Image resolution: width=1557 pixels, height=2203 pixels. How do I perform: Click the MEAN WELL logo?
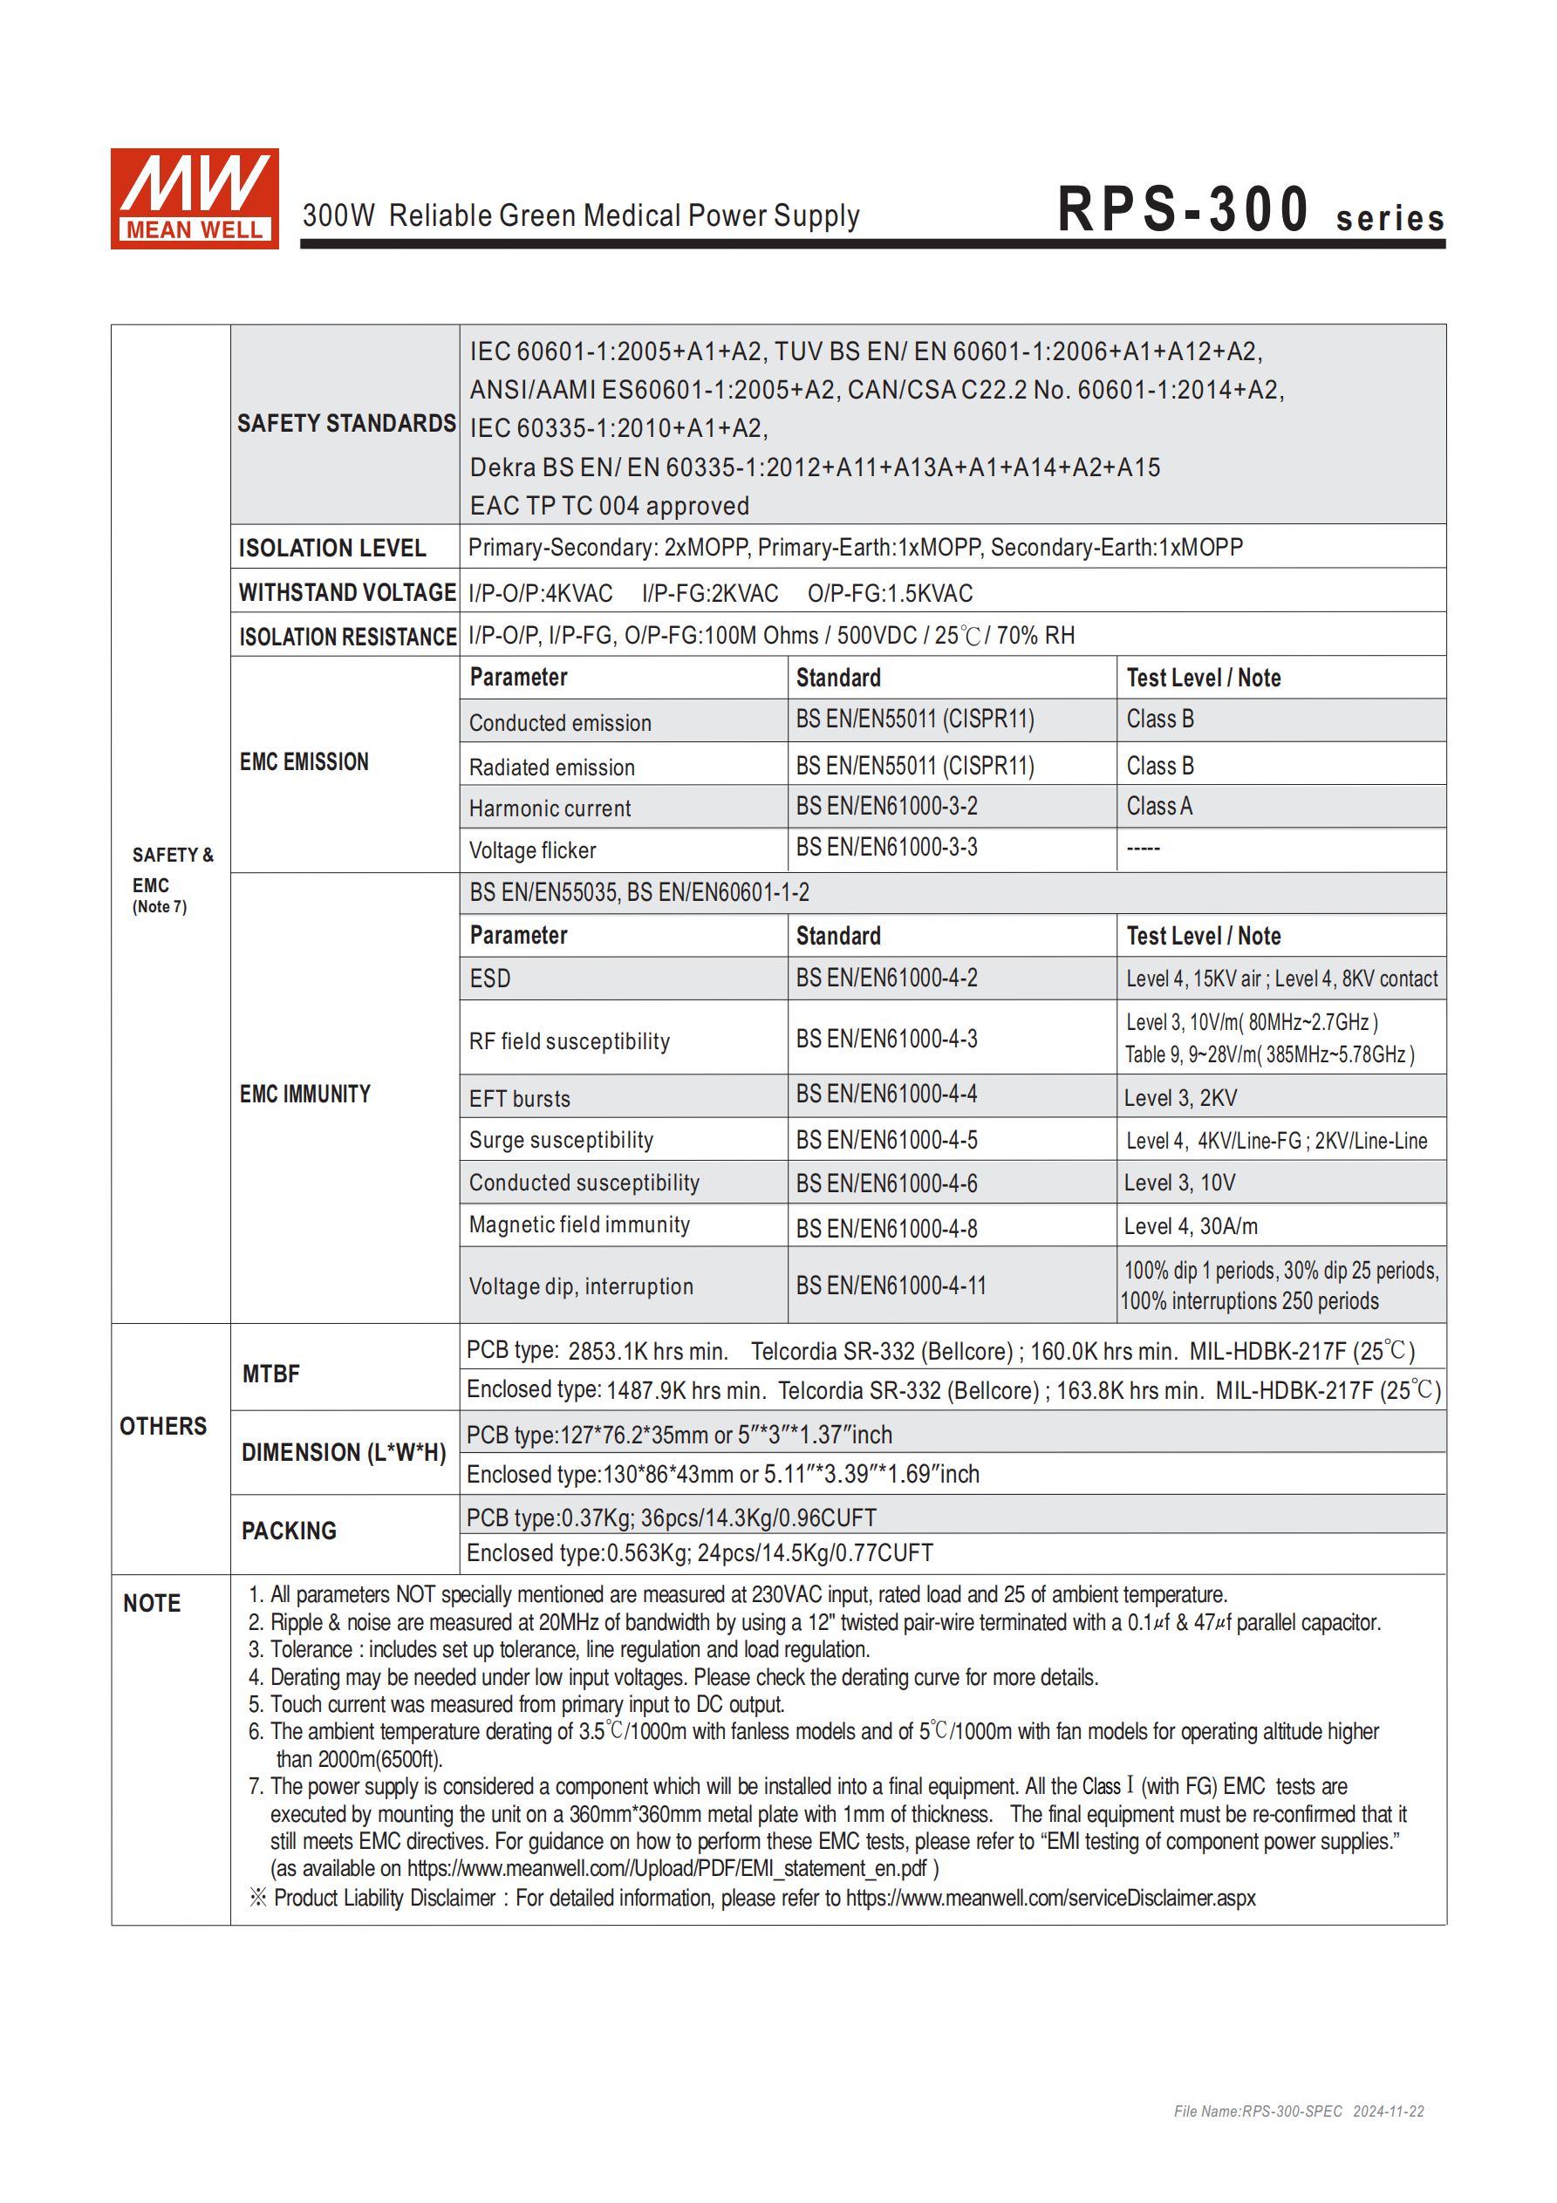coord(194,199)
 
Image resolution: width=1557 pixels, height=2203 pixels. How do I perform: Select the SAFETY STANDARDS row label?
coord(345,423)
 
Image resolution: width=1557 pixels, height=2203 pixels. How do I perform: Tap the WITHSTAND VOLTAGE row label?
coord(345,592)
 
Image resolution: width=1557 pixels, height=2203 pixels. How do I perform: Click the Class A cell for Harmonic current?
coord(1158,806)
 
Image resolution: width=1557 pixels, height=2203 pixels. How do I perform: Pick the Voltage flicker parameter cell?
coord(532,850)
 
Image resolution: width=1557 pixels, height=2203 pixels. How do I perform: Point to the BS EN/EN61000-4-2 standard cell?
coord(886,978)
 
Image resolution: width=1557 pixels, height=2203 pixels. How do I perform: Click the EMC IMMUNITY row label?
coord(304,1094)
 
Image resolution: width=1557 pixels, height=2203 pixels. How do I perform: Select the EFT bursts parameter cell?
coord(519,1099)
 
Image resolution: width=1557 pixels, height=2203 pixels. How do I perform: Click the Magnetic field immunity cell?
coord(579,1224)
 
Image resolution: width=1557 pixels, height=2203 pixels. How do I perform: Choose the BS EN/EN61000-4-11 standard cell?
coord(890,1286)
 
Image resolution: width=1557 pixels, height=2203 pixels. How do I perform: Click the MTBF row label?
coord(270,1374)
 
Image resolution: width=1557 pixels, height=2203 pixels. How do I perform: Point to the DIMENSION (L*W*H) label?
coord(344,1452)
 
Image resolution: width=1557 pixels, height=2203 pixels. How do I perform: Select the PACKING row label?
coord(289,1531)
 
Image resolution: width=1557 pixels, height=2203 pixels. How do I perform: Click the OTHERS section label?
coord(162,1426)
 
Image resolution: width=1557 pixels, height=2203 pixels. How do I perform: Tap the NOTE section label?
coord(152,1603)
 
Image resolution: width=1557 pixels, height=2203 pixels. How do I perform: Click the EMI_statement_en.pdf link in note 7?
coord(666,1868)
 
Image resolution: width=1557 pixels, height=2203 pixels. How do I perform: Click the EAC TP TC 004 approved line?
coord(609,506)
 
